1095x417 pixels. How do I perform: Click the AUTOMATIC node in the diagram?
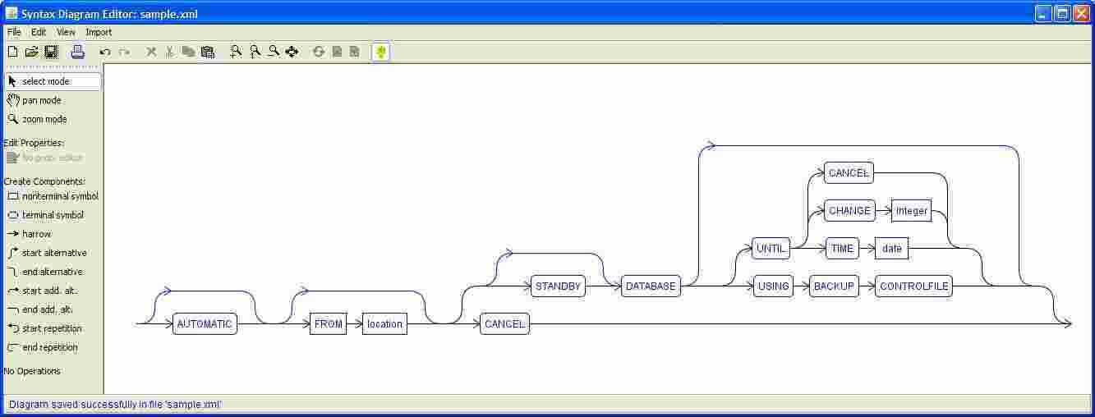coord(205,324)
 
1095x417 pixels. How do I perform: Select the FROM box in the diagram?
coord(328,324)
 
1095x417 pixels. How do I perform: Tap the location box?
coord(384,324)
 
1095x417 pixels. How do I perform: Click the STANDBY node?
coord(558,286)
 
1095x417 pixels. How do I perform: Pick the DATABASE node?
coord(651,286)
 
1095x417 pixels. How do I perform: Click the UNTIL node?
coord(771,249)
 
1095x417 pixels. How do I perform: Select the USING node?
coord(773,286)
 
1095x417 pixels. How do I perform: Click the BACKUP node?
coord(834,286)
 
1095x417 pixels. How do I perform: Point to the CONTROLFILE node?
coord(913,286)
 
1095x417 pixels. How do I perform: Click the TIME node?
coord(842,249)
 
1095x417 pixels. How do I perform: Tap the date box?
coord(891,249)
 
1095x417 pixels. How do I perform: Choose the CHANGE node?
coord(849,211)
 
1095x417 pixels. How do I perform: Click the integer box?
coord(911,211)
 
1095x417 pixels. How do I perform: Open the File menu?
coord(14,32)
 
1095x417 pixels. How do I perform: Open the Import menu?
coord(99,32)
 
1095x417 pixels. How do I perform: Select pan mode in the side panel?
coord(41,100)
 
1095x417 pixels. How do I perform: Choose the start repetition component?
coord(51,328)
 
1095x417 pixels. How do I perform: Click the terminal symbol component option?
coord(52,215)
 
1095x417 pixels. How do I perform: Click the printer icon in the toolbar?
coord(77,52)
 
